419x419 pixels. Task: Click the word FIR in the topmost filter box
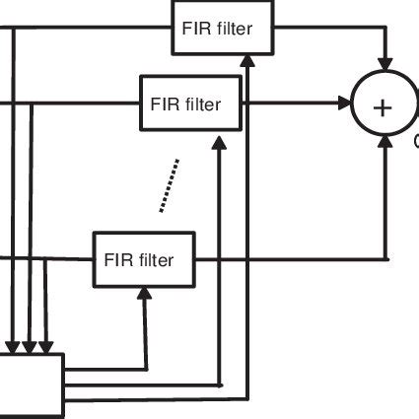click(194, 28)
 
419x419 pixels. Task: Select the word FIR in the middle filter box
click(164, 104)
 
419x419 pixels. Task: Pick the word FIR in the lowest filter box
click(115, 260)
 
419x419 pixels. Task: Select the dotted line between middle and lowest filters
click(169, 184)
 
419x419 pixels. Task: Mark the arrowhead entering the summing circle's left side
click(346, 103)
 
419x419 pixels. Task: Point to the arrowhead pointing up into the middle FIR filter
click(218, 140)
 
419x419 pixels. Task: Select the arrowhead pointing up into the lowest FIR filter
click(145, 292)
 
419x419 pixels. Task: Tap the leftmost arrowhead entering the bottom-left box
click(14, 347)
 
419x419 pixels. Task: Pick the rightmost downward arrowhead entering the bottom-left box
click(45, 347)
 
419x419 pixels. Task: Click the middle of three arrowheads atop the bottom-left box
click(30, 347)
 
